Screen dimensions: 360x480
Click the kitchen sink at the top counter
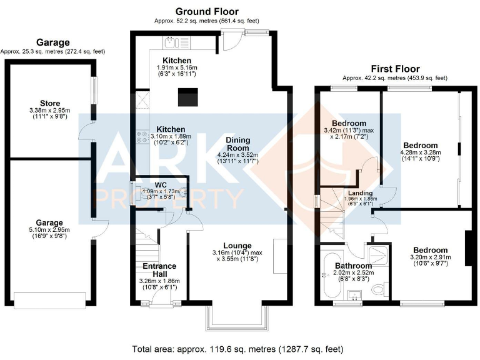tap(171, 42)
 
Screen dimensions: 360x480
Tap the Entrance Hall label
tap(159, 270)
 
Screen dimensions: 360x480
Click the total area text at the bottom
tap(237, 349)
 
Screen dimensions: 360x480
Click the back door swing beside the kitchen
tap(232, 42)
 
